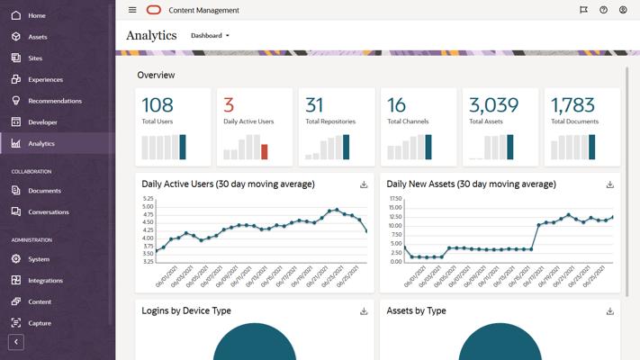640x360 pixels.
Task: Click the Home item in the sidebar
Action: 36,15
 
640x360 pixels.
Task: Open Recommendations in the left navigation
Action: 54,101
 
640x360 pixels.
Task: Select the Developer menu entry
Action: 42,122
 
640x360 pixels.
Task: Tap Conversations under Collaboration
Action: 48,212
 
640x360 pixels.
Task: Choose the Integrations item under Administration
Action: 45,281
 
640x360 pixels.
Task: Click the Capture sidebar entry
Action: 40,323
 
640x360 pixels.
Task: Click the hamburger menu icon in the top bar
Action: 132,10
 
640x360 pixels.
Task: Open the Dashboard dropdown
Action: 211,36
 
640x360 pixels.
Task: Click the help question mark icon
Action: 603,10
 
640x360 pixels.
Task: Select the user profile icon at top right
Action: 623,10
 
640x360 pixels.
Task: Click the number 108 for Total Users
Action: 158,105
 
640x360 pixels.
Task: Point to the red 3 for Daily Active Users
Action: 229,105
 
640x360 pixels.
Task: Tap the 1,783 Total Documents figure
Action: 573,105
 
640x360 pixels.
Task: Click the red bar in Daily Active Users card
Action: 264,151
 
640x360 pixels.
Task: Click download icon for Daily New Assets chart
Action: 609,184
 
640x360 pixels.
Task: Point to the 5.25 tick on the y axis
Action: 148,198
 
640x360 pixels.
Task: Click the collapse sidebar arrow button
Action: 16,342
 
